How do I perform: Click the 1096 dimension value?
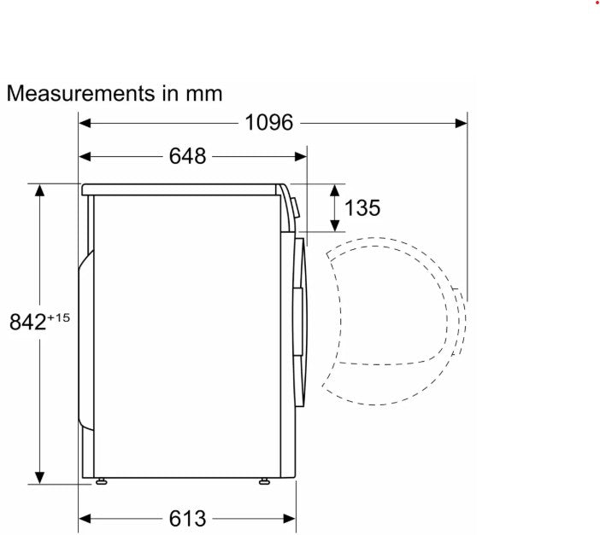[x=269, y=122]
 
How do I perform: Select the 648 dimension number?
[x=187, y=156]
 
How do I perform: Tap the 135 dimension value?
[x=362, y=208]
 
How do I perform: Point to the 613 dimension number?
[x=187, y=519]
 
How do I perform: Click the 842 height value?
[x=27, y=322]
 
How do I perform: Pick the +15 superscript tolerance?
[x=58, y=317]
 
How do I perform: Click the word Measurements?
[x=80, y=93]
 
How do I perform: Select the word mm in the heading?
[x=204, y=96]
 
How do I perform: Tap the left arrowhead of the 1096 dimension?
[x=85, y=123]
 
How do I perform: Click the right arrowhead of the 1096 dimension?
[x=461, y=123]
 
